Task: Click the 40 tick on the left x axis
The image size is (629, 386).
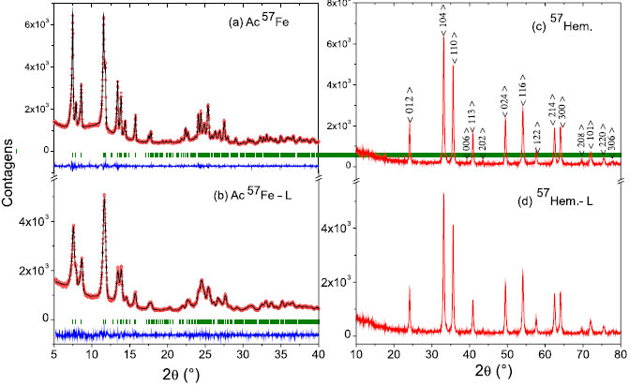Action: pyautogui.click(x=319, y=354)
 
